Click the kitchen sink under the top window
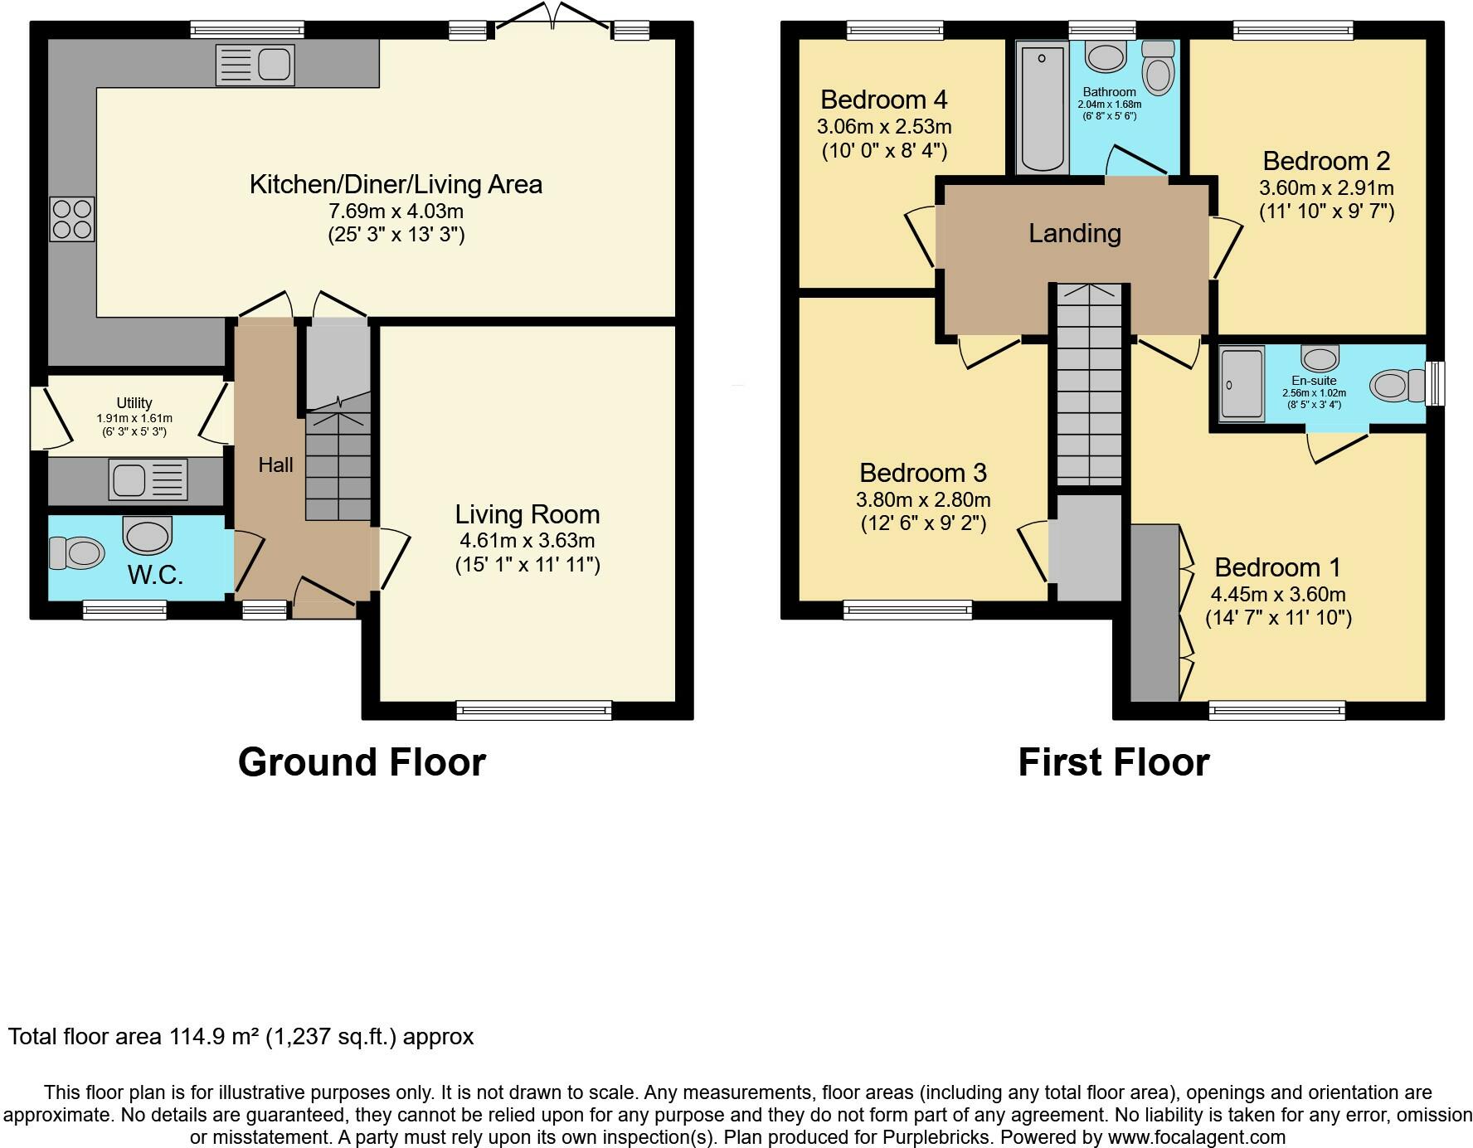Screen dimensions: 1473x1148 255,64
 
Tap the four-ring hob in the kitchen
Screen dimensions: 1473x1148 72,218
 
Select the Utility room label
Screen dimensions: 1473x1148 134,403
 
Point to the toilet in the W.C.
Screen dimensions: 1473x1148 76,552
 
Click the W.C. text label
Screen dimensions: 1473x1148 155,574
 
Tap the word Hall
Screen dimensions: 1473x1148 275,465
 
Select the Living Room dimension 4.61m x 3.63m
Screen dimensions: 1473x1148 527,541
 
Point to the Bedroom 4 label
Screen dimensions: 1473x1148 884,100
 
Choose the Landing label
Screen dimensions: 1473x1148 1075,233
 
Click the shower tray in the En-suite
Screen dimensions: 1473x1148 1242,384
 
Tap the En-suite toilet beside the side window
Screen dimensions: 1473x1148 1397,385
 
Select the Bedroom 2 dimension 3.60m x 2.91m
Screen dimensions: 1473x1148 1327,187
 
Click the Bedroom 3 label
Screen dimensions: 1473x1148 923,473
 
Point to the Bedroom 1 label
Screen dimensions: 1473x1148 1278,567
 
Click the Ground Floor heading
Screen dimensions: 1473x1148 362,761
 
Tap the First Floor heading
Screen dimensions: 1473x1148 1114,761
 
